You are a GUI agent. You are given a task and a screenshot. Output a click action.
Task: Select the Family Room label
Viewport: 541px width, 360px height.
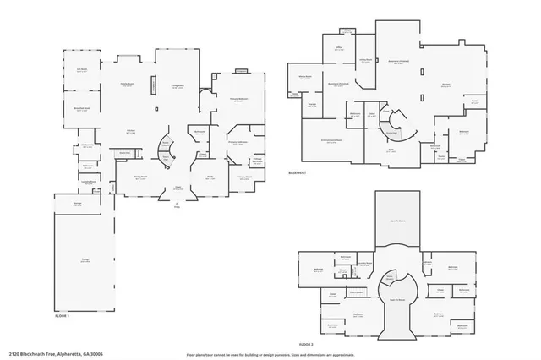[x=128, y=84]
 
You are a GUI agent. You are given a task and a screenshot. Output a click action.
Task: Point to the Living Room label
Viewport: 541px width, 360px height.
[x=178, y=84]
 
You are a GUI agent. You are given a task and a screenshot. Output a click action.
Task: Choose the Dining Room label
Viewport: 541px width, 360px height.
[x=142, y=176]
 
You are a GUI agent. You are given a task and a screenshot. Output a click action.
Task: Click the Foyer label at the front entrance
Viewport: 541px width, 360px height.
[x=178, y=187]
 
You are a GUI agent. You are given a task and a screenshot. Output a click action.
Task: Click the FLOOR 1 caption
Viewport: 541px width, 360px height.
[x=63, y=315]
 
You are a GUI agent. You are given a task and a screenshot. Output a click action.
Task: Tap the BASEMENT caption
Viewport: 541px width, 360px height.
[x=298, y=172]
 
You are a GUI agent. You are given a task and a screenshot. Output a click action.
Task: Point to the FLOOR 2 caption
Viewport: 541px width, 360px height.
[x=306, y=344]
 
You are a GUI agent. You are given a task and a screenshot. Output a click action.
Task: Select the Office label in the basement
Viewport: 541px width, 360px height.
[x=338, y=48]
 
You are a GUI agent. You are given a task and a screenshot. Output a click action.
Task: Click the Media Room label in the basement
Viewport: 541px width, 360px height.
[x=306, y=76]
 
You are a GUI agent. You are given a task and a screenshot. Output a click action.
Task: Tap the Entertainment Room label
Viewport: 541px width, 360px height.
[x=331, y=139]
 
